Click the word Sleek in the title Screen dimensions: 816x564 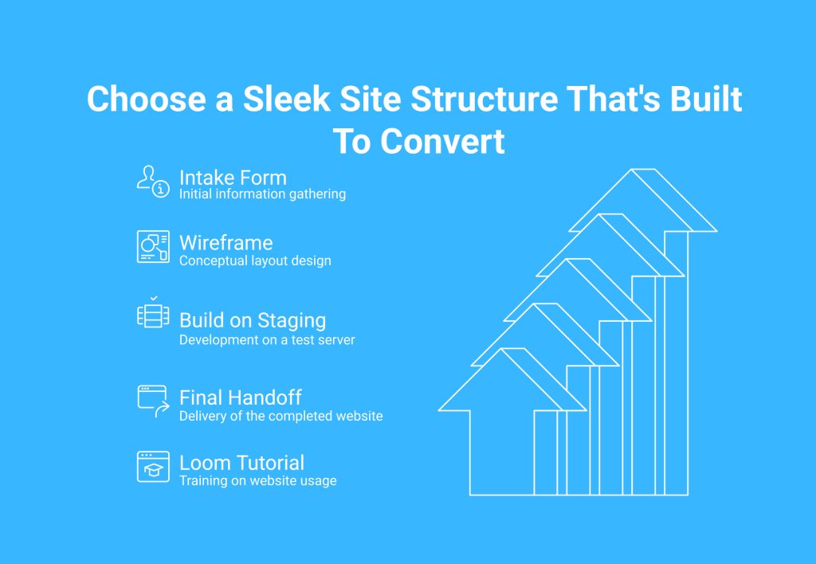click(287, 99)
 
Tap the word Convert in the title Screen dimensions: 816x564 click(442, 142)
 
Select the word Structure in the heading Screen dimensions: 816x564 click(484, 99)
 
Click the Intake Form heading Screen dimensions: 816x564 click(233, 178)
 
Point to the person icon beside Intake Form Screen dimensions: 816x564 click(153, 181)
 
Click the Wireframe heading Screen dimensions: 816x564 click(226, 243)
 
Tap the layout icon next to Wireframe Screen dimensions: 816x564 click(153, 247)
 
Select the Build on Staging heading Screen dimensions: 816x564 click(253, 320)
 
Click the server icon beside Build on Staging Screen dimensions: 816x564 click(153, 312)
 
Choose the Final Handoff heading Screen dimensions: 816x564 click(241, 398)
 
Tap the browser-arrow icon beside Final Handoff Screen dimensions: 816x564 click(153, 401)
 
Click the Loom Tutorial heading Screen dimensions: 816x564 click(241, 463)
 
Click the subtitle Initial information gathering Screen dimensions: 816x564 click(262, 194)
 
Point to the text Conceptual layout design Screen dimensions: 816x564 click(255, 260)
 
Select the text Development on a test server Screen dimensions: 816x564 click(267, 339)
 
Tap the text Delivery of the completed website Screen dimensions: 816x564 click(281, 416)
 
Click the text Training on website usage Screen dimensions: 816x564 click(257, 480)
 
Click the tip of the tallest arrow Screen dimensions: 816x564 click(643, 170)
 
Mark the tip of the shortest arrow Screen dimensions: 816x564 click(512, 349)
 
